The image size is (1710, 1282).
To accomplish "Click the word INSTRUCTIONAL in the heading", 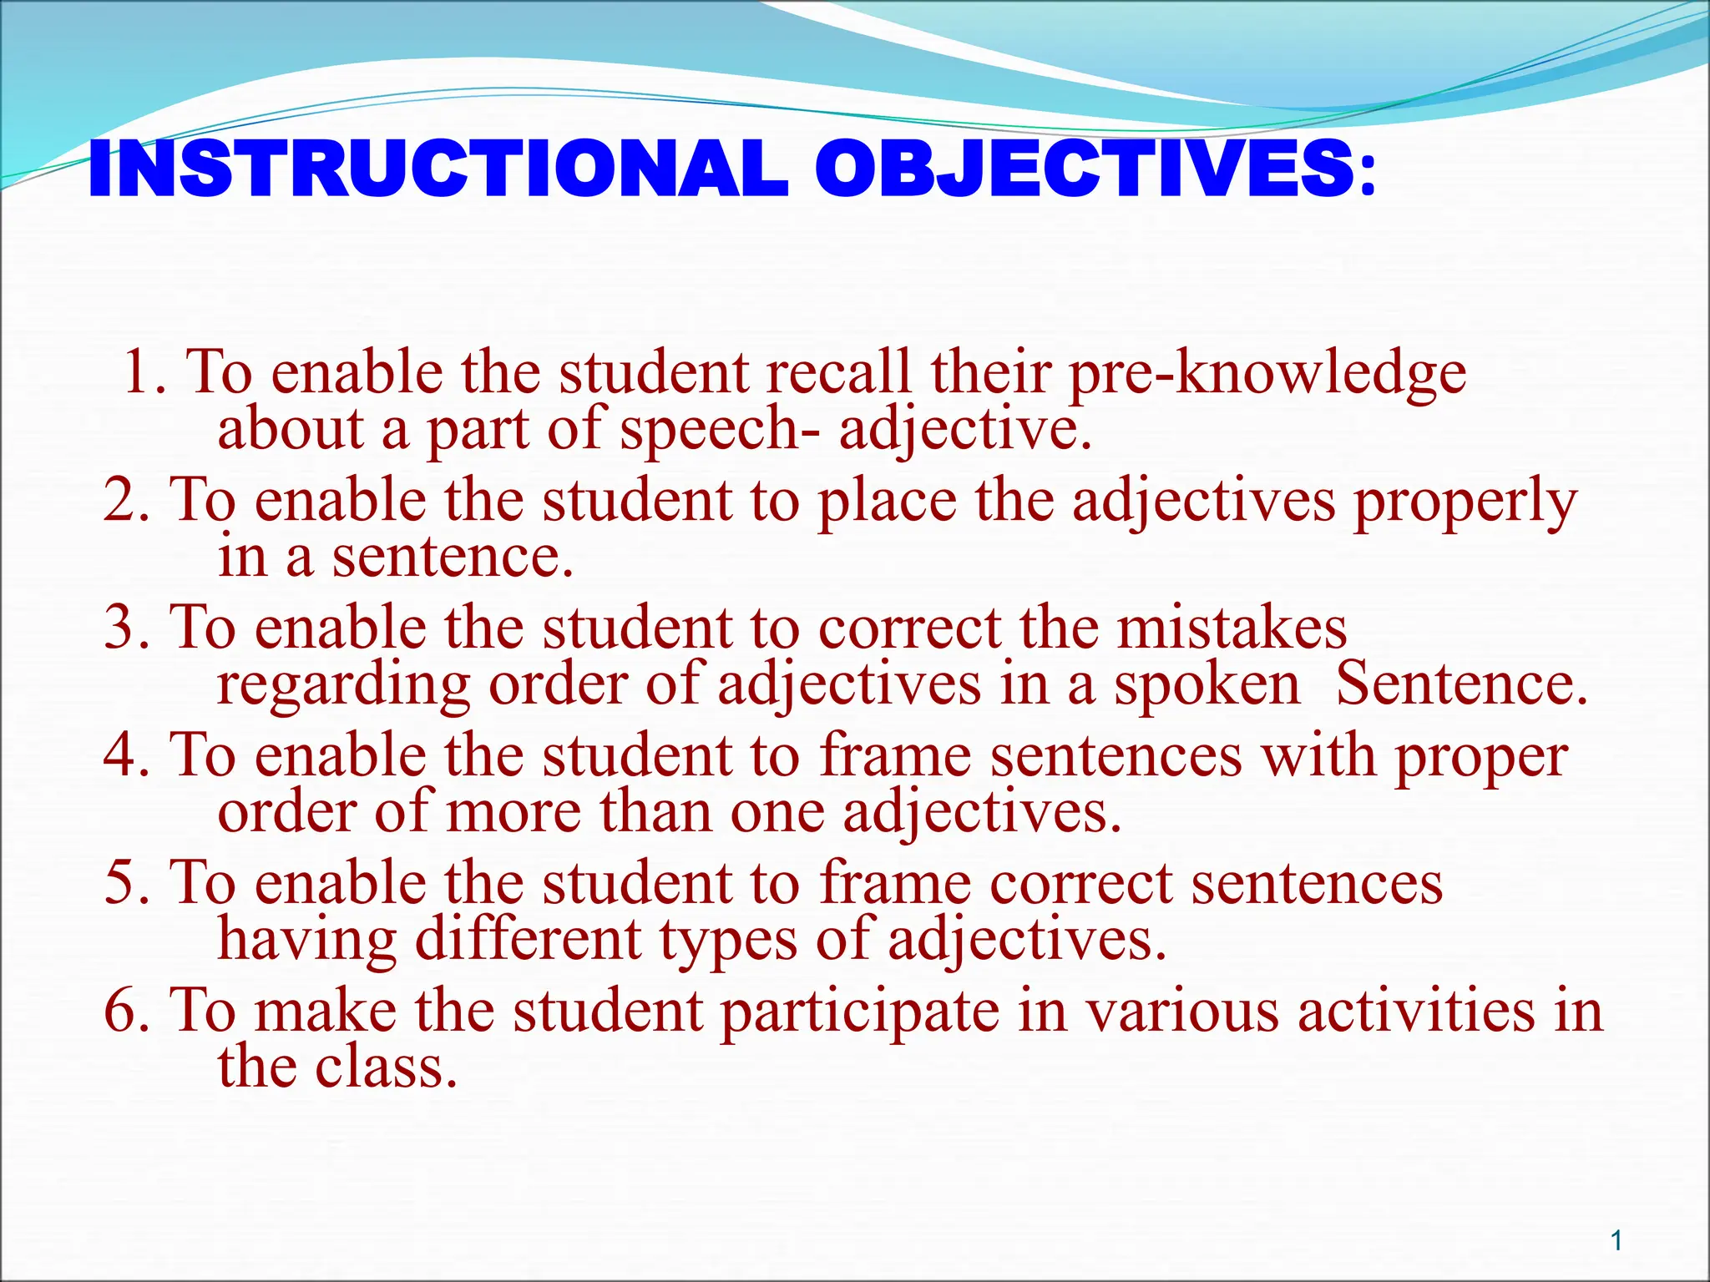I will [438, 169].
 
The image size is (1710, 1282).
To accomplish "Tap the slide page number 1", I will [1616, 1241].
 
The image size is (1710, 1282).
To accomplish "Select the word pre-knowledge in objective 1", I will [1267, 373].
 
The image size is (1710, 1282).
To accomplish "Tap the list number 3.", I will [124, 628].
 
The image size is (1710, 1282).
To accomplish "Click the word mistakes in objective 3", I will [1232, 628].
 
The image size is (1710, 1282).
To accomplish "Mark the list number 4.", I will [124, 756].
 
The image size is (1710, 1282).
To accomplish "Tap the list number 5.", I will [124, 884].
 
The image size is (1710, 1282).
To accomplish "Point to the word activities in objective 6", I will [1416, 1012].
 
